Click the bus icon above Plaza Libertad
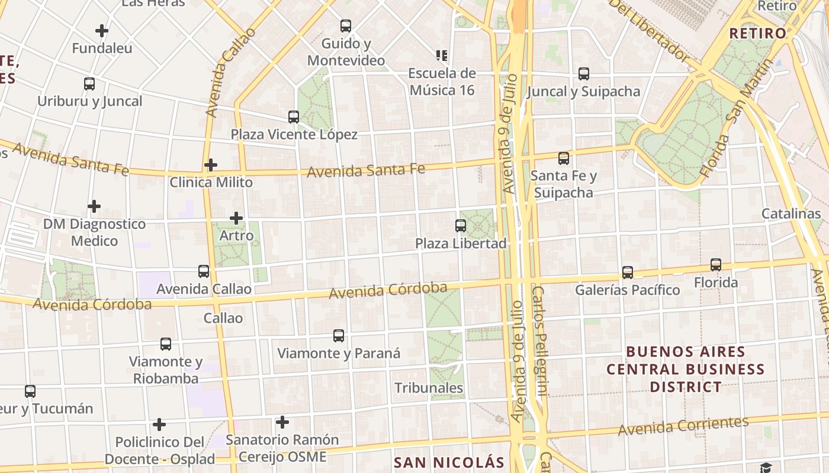coord(461,225)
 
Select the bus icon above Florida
coord(716,264)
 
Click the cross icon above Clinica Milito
coord(211,165)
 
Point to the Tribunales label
coord(429,388)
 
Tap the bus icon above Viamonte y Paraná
coord(339,336)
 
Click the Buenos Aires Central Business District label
coord(686,370)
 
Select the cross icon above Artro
coord(236,218)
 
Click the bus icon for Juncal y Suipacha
coord(584,74)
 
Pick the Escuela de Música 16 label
coord(442,82)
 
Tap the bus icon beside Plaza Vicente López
coord(294,116)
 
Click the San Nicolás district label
coord(449,462)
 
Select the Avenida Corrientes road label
coord(683,426)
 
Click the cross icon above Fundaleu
coord(102,31)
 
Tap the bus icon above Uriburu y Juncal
coord(89,84)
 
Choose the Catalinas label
coord(791,213)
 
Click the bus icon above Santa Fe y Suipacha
coord(564,158)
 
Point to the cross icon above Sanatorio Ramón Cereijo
coord(282,422)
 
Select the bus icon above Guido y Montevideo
coord(346,26)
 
